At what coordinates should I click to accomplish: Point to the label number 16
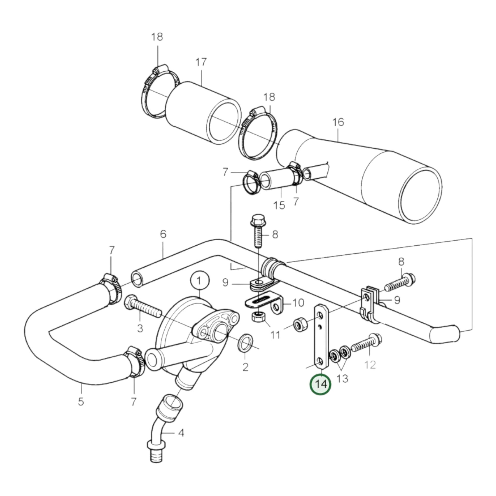pos(338,122)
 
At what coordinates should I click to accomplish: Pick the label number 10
pos(298,303)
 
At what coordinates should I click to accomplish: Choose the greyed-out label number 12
pos(370,365)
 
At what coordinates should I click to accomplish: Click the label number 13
pos(342,378)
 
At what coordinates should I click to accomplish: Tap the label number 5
pos(81,401)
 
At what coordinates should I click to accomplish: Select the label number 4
pos(181,433)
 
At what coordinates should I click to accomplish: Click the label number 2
pos(245,367)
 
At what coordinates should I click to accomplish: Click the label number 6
pos(163,234)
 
